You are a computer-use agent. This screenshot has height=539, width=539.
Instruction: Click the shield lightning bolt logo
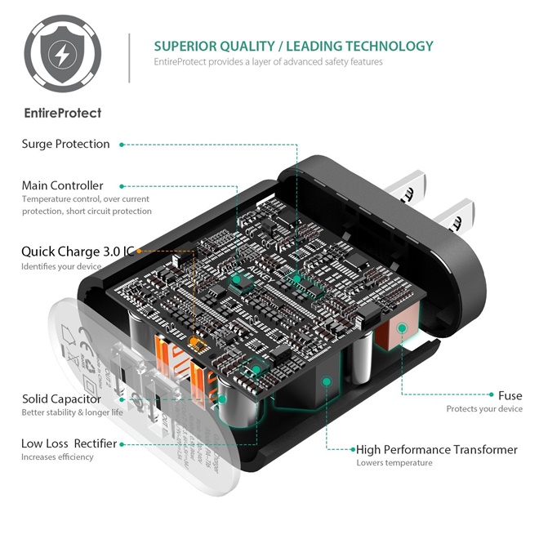63,55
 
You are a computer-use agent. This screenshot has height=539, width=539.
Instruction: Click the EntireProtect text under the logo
62,113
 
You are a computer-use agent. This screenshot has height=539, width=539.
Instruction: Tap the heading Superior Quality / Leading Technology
293,46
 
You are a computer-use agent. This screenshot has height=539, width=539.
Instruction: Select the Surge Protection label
65,144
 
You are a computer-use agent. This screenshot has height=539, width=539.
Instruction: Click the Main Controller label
62,185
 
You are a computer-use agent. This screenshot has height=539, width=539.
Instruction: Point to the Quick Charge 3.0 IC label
78,252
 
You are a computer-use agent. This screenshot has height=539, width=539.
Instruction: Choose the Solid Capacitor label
61,399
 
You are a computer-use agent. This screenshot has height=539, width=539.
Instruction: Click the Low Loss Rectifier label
69,443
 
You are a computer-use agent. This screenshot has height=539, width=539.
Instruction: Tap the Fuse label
510,395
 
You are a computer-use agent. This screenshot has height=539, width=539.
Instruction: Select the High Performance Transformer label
436,449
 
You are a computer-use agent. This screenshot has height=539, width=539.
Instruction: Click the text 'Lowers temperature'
394,463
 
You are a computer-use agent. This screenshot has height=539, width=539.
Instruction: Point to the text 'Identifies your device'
61,266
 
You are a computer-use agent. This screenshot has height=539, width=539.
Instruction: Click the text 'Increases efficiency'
57,457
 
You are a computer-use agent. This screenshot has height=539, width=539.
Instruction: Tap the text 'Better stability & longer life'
72,412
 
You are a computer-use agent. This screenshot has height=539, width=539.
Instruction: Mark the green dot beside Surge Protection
122,145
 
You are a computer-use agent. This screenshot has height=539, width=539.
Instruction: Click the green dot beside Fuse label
489,395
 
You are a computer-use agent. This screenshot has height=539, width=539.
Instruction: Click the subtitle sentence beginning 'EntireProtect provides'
268,62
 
